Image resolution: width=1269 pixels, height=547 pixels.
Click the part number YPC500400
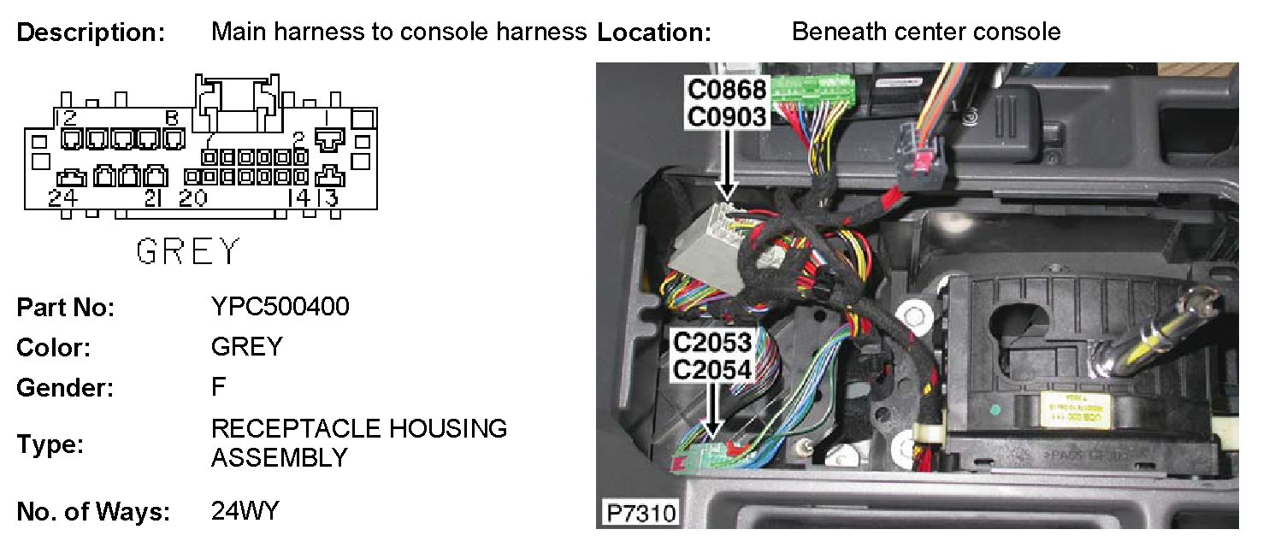(x=280, y=306)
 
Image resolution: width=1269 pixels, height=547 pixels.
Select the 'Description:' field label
(x=90, y=33)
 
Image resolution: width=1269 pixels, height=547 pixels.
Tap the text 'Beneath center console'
(x=926, y=32)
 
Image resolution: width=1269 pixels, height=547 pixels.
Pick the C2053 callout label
(x=712, y=344)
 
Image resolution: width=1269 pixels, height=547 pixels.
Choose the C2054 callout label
(x=712, y=370)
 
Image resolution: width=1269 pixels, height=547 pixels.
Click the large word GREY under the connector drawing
(x=188, y=251)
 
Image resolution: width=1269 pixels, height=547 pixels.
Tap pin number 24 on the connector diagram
(x=63, y=198)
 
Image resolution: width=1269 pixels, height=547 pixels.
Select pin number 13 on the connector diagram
(x=328, y=198)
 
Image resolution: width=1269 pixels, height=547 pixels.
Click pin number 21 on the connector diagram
(x=154, y=198)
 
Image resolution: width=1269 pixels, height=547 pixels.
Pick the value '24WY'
(x=245, y=511)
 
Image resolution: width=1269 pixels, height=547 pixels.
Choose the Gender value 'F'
(x=219, y=387)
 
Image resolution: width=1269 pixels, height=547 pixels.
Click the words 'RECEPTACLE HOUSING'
(x=359, y=428)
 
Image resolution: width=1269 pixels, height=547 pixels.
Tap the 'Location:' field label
(x=654, y=33)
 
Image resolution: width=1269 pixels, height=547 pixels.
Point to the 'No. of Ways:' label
(x=93, y=512)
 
